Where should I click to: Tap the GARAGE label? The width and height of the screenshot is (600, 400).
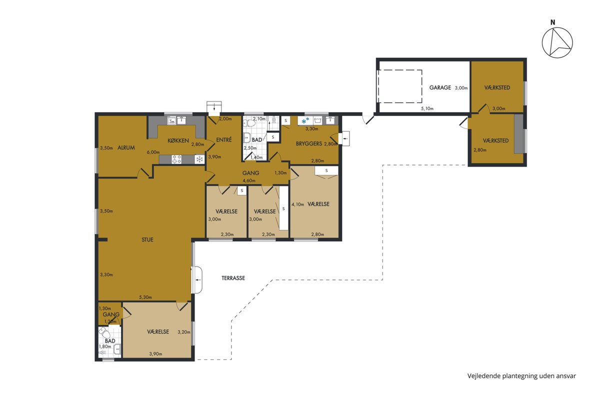pyautogui.click(x=440, y=87)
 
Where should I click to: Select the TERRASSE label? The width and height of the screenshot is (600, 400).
pyautogui.click(x=233, y=278)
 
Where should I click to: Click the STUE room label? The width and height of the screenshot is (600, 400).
pyautogui.click(x=147, y=239)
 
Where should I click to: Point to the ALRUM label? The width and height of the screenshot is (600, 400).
pyautogui.click(x=126, y=147)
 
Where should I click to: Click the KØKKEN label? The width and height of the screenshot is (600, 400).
pyautogui.click(x=178, y=140)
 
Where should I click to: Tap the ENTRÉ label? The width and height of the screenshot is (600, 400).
pyautogui.click(x=223, y=139)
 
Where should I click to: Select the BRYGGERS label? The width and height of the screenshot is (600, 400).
pyautogui.click(x=309, y=143)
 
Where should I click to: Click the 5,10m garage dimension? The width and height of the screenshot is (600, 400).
pyautogui.click(x=427, y=108)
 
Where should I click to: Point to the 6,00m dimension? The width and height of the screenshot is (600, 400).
pyautogui.click(x=153, y=152)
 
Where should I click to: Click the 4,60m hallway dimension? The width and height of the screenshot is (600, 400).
pyautogui.click(x=249, y=180)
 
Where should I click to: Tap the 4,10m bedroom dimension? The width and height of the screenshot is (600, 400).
pyautogui.click(x=297, y=204)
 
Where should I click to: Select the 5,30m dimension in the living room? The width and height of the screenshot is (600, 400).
pyautogui.click(x=145, y=297)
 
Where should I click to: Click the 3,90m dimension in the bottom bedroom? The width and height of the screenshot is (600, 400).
pyautogui.click(x=155, y=354)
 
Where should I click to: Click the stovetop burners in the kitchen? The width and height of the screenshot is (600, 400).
pyautogui.click(x=176, y=159)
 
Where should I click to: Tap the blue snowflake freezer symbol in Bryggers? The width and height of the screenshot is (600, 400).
pyautogui.click(x=305, y=121)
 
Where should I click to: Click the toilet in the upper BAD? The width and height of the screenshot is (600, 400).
pyautogui.click(x=250, y=123)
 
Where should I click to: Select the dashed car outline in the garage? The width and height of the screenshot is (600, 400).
pyautogui.click(x=399, y=86)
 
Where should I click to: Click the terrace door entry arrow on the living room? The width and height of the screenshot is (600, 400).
pyautogui.click(x=198, y=280)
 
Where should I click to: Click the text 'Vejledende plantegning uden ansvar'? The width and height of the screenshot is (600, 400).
pyautogui.click(x=521, y=376)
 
